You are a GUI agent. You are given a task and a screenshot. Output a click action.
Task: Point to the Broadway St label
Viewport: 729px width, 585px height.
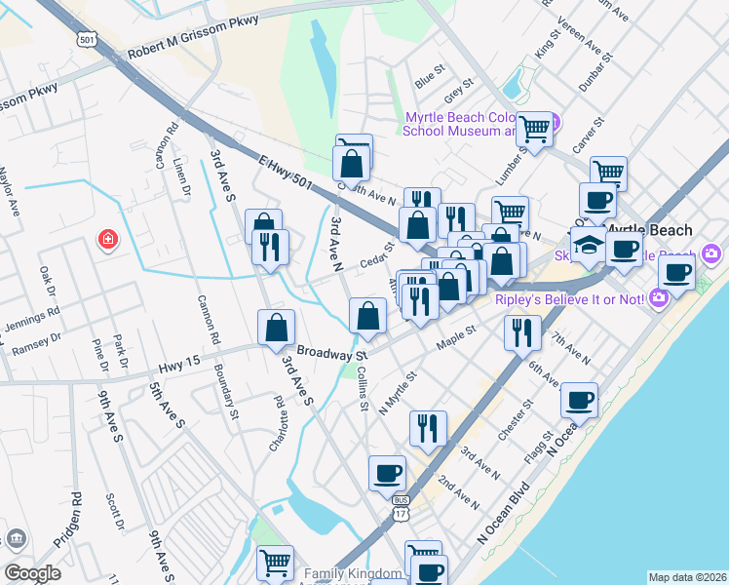pyautogui.click(x=331, y=353)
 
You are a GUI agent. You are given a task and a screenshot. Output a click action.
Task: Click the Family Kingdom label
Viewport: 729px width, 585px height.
pyautogui.click(x=352, y=573)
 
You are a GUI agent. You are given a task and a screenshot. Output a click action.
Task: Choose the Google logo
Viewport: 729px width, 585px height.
pyautogui.click(x=32, y=572)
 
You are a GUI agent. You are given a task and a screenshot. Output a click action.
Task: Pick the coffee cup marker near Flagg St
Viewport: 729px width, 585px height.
pyautogui.click(x=579, y=399)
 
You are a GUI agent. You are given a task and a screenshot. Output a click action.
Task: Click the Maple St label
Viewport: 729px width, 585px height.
pyautogui.click(x=455, y=336)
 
